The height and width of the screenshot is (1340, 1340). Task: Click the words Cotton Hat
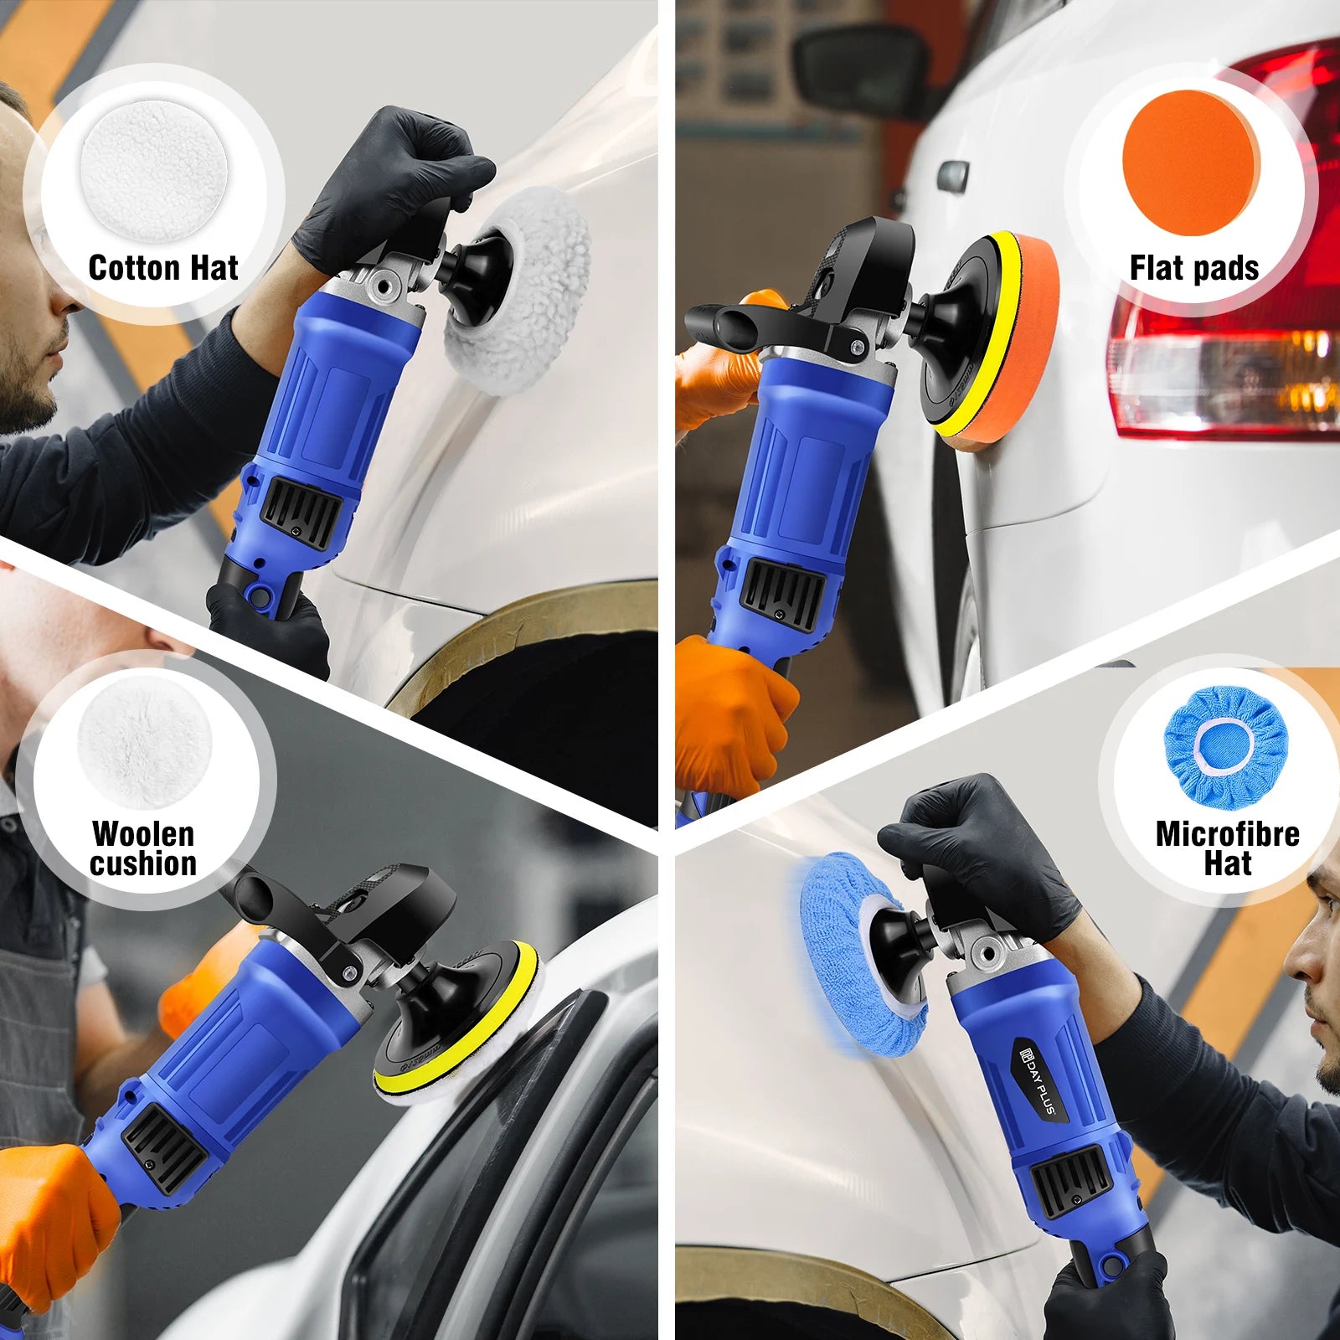163,268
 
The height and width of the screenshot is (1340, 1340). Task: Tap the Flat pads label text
1193,268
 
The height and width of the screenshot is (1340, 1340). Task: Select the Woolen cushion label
143,848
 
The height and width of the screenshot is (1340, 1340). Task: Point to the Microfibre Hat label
1227,848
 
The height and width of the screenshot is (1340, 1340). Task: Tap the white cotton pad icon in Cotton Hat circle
154,170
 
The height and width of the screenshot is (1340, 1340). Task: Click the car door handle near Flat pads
952,176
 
